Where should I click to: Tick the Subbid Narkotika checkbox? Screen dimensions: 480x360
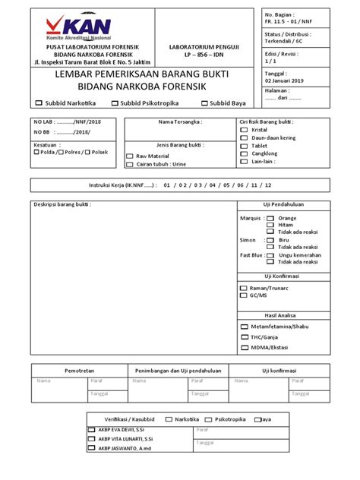point(39,103)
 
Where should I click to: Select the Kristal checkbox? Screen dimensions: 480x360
point(243,130)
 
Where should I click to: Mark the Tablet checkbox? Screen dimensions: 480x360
point(243,146)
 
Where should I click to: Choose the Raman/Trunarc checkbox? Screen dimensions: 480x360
point(243,289)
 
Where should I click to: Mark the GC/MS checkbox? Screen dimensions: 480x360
point(243,296)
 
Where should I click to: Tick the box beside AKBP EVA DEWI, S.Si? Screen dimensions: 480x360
point(92,430)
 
